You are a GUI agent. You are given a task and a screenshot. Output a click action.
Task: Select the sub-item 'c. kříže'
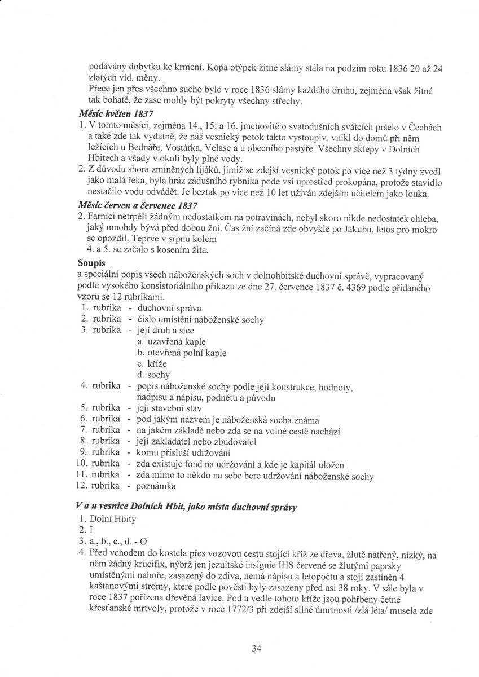click(153, 364)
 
